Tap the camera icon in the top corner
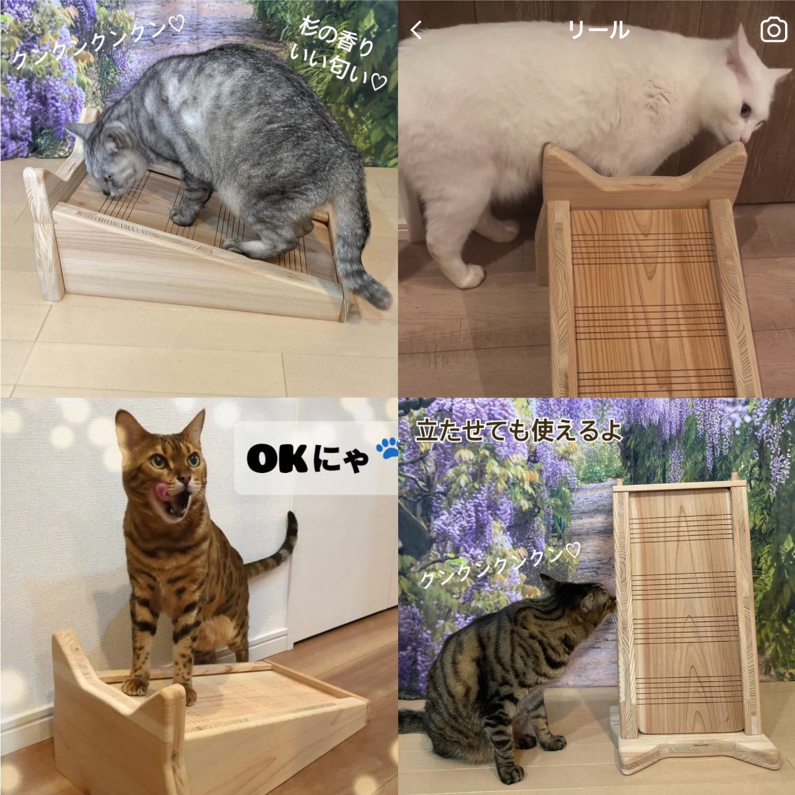tap(773, 30)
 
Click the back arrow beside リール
tap(417, 30)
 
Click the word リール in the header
tap(598, 30)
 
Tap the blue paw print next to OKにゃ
tap(387, 449)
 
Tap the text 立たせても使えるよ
tap(518, 431)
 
